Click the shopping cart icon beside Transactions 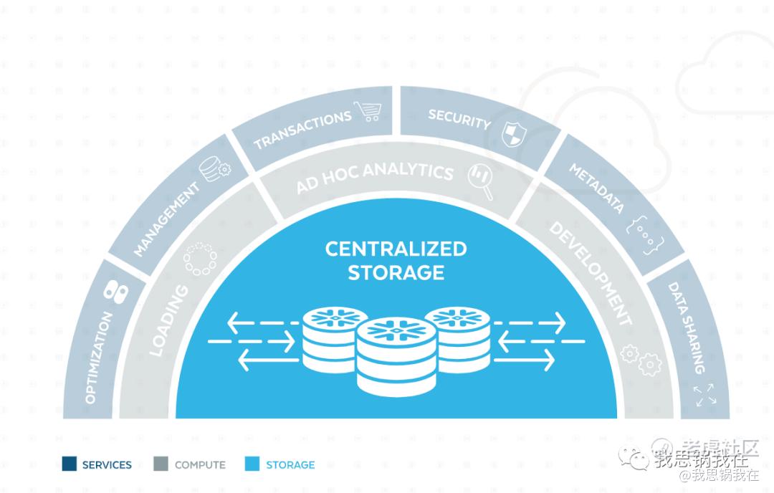[368, 112]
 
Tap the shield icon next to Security [514, 133]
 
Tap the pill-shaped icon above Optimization [115, 291]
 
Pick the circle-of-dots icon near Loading [199, 259]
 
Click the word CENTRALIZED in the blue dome [396, 249]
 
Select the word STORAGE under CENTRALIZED [396, 272]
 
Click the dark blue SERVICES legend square [70, 464]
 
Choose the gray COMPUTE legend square [161, 464]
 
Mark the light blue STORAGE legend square [251, 464]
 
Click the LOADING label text [168, 320]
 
